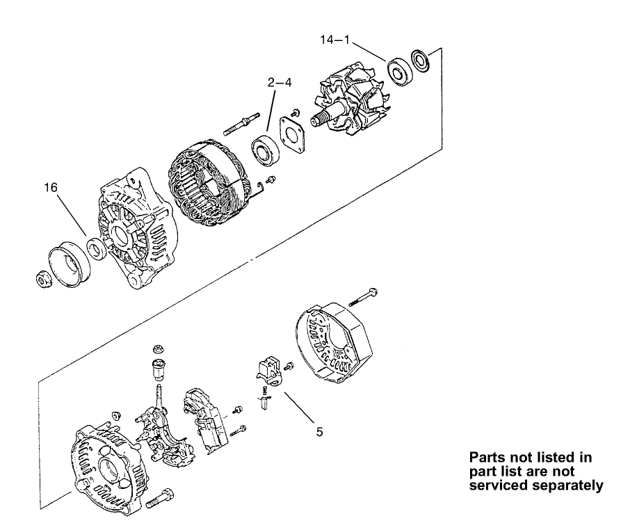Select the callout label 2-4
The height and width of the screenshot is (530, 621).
280,82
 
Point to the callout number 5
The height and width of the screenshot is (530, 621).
319,431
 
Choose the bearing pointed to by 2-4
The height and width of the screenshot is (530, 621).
265,148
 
